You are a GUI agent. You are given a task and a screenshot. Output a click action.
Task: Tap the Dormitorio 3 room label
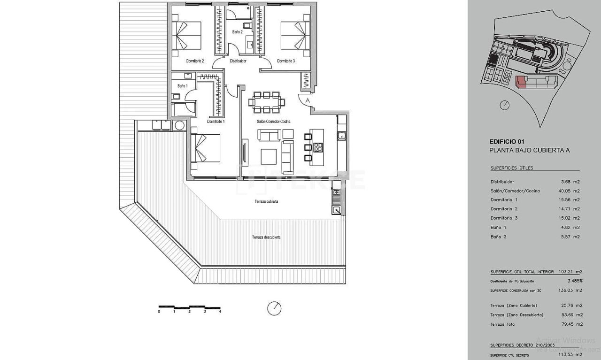285,61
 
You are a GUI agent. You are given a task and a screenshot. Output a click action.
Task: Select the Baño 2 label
237,32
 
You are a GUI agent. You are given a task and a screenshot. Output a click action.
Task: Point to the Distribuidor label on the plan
238,61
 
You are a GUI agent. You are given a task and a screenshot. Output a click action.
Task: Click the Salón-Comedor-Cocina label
273,122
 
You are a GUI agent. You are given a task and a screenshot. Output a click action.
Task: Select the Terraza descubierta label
266,237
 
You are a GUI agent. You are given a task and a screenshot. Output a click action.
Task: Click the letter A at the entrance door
308,100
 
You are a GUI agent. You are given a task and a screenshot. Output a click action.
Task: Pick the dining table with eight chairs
266,102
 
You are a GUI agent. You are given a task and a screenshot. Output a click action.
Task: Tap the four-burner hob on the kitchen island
318,147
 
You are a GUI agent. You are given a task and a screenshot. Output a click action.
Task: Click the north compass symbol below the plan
274,308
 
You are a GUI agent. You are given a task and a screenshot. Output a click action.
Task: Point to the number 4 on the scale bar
220,312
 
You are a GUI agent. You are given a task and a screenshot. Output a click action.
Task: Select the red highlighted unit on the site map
521,83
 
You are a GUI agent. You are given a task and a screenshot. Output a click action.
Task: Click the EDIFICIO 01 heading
506,141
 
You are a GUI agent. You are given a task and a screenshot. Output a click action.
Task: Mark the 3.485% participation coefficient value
575,281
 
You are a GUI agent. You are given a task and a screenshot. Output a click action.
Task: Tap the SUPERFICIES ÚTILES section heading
512,168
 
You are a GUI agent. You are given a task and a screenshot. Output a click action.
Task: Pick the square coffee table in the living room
269,156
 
